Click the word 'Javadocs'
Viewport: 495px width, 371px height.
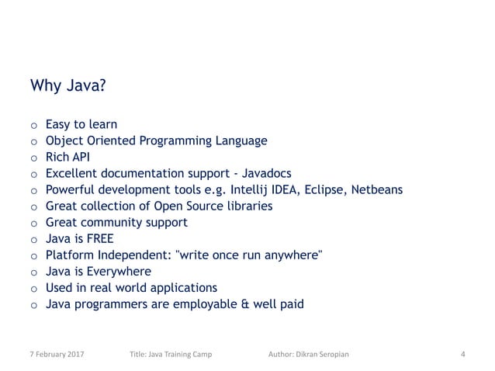click(265, 173)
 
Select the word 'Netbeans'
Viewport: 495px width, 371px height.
click(376, 189)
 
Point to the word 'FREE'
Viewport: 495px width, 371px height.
click(99, 238)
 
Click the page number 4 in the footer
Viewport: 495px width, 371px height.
click(462, 355)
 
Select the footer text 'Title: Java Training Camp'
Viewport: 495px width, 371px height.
click(171, 355)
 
